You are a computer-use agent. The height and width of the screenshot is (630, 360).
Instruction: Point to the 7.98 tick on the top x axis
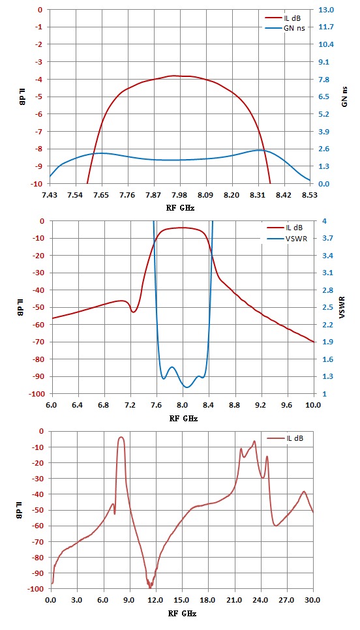point(179,195)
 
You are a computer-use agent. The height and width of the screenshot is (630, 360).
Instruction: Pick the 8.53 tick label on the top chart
point(310,195)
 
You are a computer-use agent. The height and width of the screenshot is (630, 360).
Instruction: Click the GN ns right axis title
point(345,97)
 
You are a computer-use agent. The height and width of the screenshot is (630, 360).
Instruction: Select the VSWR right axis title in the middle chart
point(345,307)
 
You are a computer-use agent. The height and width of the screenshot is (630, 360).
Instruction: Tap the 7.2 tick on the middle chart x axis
point(130,406)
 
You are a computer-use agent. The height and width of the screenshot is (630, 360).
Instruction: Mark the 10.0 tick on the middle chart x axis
point(314,406)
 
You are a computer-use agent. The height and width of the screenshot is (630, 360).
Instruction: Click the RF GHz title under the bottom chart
point(182,614)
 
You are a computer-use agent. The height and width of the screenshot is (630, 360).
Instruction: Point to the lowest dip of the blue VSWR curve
point(187,387)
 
